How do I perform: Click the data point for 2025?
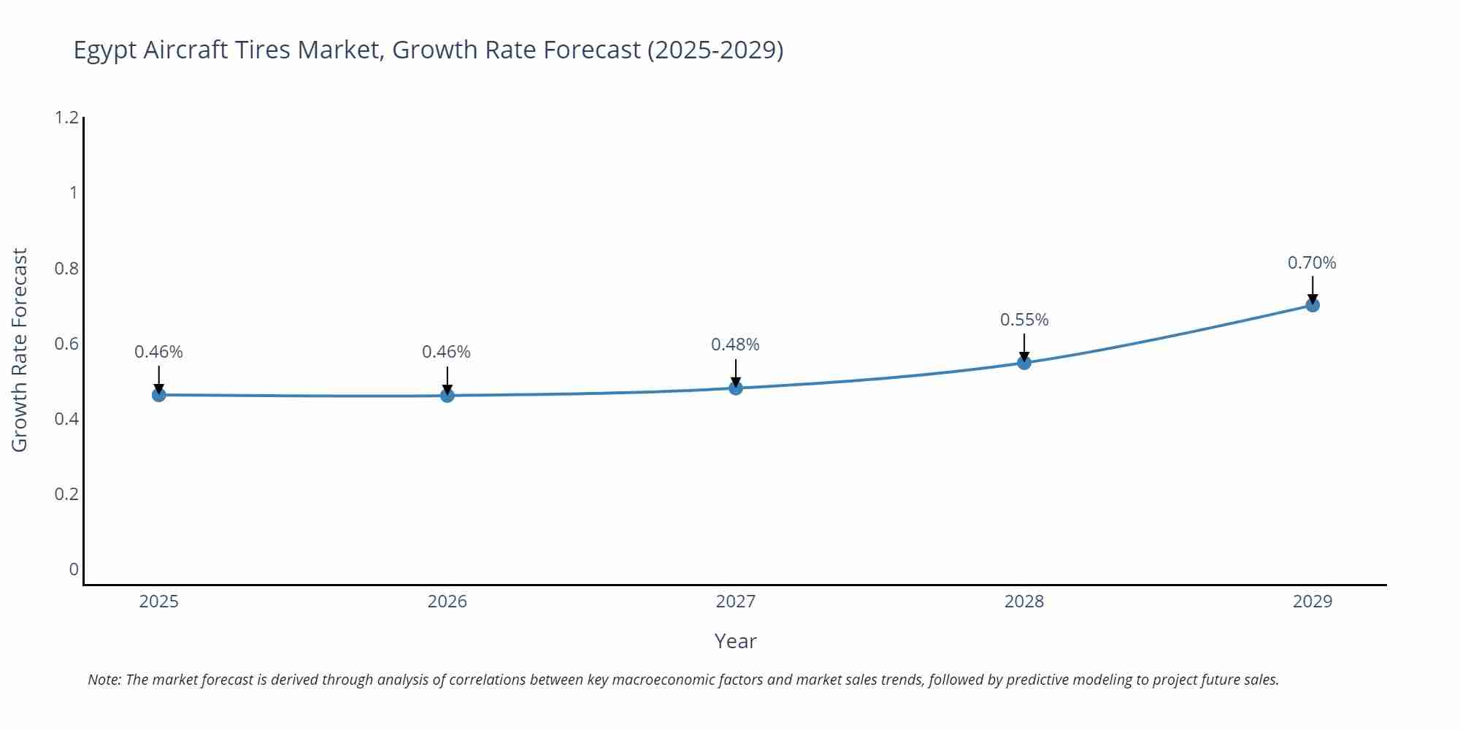click(x=158, y=395)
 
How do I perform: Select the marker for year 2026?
click(x=447, y=396)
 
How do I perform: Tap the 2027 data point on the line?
click(x=735, y=388)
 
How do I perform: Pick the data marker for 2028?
click(x=1023, y=363)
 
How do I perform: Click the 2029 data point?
click(x=1312, y=305)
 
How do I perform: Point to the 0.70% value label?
click(x=1311, y=263)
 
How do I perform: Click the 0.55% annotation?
click(x=1023, y=320)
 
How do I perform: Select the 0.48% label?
click(x=735, y=345)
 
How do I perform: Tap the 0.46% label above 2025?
click(x=158, y=352)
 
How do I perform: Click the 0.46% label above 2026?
click(x=446, y=352)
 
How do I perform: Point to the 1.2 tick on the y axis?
click(x=66, y=118)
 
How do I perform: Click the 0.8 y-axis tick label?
click(x=66, y=269)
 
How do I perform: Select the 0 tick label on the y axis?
click(x=73, y=569)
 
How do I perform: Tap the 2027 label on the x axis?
click(x=735, y=602)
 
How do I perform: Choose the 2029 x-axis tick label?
click(x=1312, y=602)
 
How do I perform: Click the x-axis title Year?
click(x=735, y=641)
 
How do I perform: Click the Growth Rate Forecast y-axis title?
click(x=20, y=350)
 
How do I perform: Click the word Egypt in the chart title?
click(x=105, y=50)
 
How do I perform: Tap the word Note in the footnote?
click(x=104, y=680)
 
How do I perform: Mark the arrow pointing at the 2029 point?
click(x=1312, y=290)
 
